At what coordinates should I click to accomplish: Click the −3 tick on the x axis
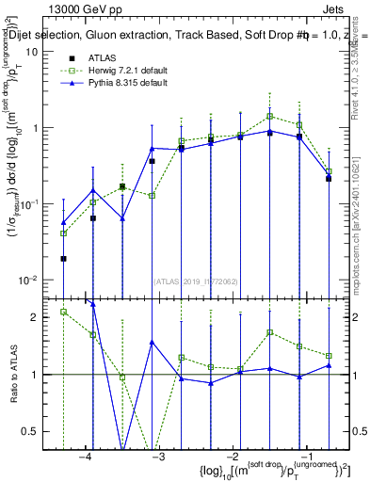pos(157,457)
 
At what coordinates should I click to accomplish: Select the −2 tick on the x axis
pos(231,457)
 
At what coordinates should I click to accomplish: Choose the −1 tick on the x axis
pos(303,457)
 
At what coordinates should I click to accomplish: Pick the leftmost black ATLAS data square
pos(63,258)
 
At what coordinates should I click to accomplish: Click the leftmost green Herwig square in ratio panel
pos(63,312)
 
